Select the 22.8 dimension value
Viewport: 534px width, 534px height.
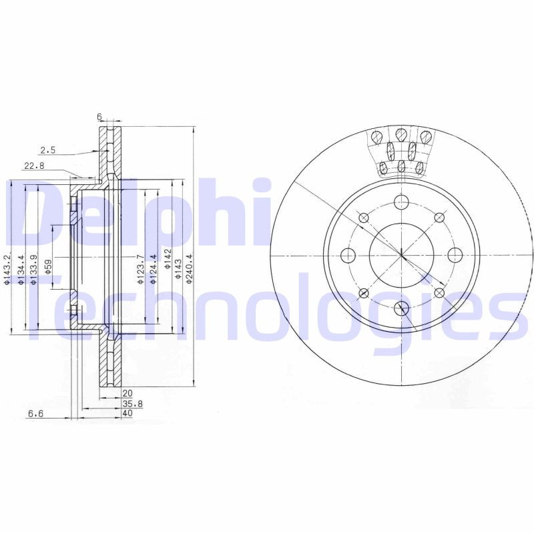34,166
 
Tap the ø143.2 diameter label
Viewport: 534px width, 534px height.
7,270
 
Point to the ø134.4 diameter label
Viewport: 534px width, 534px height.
21,270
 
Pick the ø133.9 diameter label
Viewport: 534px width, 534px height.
33,270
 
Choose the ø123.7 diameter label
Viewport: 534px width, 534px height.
140,270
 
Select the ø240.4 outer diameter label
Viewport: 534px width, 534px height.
189,269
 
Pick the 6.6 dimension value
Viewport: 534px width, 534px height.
35,413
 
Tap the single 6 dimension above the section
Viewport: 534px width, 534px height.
99,117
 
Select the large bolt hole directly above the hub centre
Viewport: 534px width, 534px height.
401,202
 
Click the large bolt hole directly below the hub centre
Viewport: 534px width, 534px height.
401,308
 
